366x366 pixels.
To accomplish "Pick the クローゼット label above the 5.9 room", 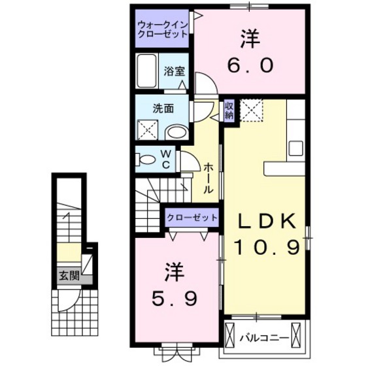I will coord(189,218).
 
